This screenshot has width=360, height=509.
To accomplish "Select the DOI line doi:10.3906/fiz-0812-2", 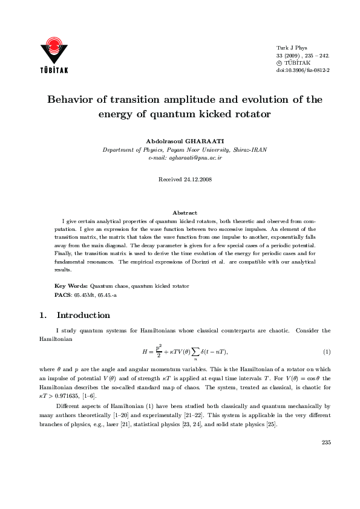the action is tap(303, 70).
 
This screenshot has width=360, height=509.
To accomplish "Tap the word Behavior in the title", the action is tap(73, 100).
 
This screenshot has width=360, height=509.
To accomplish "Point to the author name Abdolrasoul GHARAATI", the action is tap(185, 140).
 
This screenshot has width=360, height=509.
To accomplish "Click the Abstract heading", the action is tap(185, 213).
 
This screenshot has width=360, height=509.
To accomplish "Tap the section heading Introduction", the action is tap(83, 316).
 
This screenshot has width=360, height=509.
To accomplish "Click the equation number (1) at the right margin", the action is tap(326, 352).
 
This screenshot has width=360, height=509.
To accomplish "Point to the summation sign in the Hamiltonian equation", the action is tap(194, 351).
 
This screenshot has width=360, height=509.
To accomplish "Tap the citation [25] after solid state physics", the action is tap(272, 424).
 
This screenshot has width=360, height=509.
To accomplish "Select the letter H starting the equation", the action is tap(145, 351).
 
